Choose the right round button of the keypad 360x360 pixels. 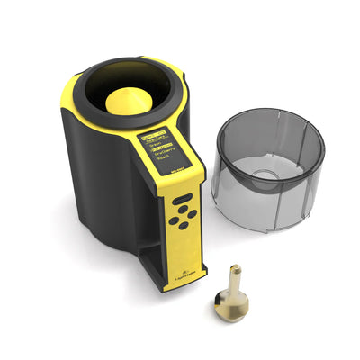point(193,212)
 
